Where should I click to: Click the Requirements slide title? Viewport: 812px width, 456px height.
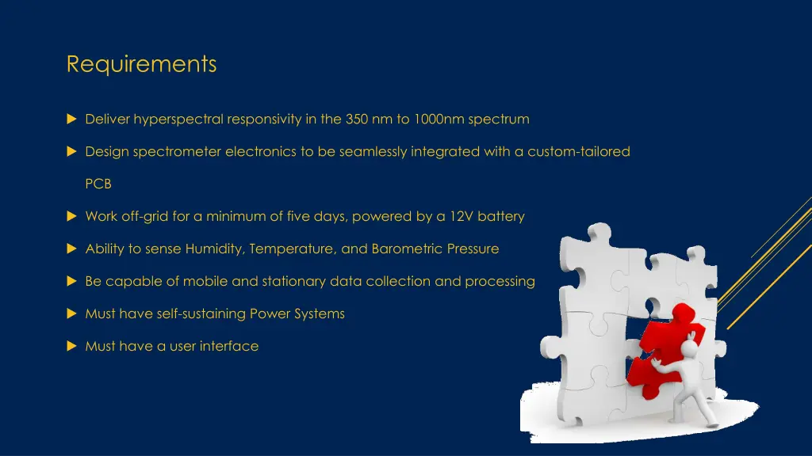click(x=141, y=64)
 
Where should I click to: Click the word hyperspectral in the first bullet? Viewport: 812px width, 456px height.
click(x=178, y=120)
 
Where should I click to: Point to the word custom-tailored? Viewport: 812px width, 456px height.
click(x=579, y=151)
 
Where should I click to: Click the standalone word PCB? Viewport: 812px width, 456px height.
click(x=98, y=184)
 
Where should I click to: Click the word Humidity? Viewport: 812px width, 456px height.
click(x=215, y=249)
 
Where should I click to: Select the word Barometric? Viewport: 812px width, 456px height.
click(x=407, y=249)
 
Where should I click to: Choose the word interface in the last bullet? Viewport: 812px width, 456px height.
click(x=229, y=346)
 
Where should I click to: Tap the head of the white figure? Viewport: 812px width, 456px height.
click(x=692, y=349)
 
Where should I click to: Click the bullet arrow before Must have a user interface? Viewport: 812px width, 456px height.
click(x=71, y=346)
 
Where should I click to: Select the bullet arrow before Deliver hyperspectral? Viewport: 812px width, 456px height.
click(x=71, y=120)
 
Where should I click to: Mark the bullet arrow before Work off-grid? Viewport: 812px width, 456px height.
click(x=71, y=216)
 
